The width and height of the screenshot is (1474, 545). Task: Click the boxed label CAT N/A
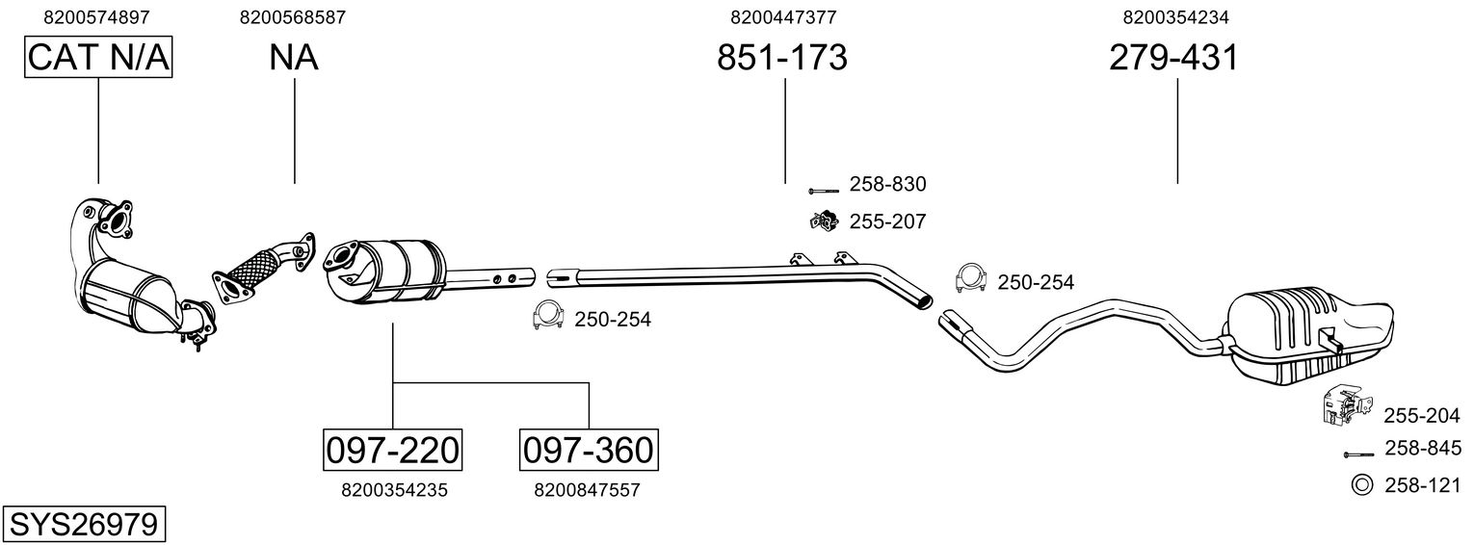pyautogui.click(x=98, y=58)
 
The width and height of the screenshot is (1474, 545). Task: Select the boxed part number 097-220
pyautogui.click(x=391, y=449)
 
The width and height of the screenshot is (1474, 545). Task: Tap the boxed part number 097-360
pyautogui.click(x=588, y=449)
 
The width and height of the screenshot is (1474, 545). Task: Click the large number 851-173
pyautogui.click(x=782, y=58)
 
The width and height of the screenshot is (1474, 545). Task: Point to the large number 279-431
pyautogui.click(x=1173, y=58)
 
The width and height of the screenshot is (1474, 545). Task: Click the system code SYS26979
pyautogui.click(x=83, y=525)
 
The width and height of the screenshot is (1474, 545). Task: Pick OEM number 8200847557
pyautogui.click(x=587, y=490)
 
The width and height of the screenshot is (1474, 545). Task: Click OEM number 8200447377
pyautogui.click(x=783, y=16)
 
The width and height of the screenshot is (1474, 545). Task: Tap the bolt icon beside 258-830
pyautogui.click(x=824, y=192)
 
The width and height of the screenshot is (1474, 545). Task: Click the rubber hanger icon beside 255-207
pyautogui.click(x=824, y=221)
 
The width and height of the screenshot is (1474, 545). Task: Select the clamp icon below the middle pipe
pyautogui.click(x=548, y=316)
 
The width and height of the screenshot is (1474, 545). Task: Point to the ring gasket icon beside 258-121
pyautogui.click(x=1362, y=485)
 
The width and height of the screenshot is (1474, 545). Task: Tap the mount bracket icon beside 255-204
pyautogui.click(x=1342, y=406)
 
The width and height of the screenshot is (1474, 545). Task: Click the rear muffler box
pyautogui.click(x=1310, y=327)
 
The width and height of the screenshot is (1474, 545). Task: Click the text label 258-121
pyautogui.click(x=1422, y=486)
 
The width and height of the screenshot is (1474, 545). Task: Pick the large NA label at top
pyautogui.click(x=294, y=58)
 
